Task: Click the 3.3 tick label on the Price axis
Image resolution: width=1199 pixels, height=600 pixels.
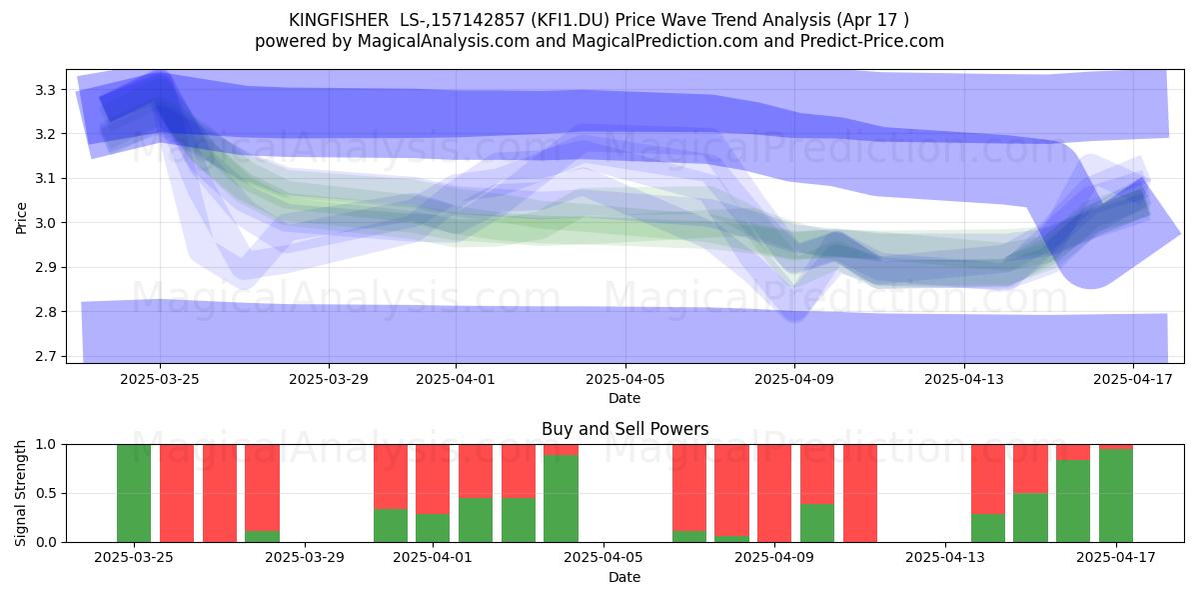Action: (x=45, y=90)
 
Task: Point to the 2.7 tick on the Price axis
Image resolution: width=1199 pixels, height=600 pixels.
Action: (x=45, y=356)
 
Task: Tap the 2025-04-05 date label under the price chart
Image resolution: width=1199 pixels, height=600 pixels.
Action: (x=625, y=379)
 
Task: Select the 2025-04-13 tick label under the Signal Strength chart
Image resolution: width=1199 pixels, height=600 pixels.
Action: (x=945, y=557)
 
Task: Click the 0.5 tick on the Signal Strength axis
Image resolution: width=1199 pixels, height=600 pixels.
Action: (x=45, y=493)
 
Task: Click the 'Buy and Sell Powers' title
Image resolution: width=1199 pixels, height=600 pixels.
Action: (x=625, y=429)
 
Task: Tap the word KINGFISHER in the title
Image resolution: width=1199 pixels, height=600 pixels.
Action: (x=339, y=20)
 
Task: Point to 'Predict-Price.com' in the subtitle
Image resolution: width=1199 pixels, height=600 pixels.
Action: (x=872, y=41)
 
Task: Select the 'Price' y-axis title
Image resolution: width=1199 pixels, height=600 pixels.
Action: (x=21, y=218)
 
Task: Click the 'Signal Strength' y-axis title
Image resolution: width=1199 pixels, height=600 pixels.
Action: (x=21, y=493)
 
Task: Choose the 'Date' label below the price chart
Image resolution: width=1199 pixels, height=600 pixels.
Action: (x=624, y=398)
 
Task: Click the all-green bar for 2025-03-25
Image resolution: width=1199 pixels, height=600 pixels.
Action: (x=134, y=493)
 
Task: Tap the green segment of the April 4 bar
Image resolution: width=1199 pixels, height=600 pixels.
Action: (x=561, y=498)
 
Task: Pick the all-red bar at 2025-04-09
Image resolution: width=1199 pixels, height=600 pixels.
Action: (x=774, y=493)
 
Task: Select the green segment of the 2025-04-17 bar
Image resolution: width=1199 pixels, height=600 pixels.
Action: (x=1116, y=496)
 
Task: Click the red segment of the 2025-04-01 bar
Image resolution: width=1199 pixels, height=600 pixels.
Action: (x=433, y=479)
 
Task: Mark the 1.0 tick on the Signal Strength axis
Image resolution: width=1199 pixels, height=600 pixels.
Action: (x=45, y=445)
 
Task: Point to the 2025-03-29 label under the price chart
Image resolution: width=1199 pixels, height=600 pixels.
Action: (x=329, y=379)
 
